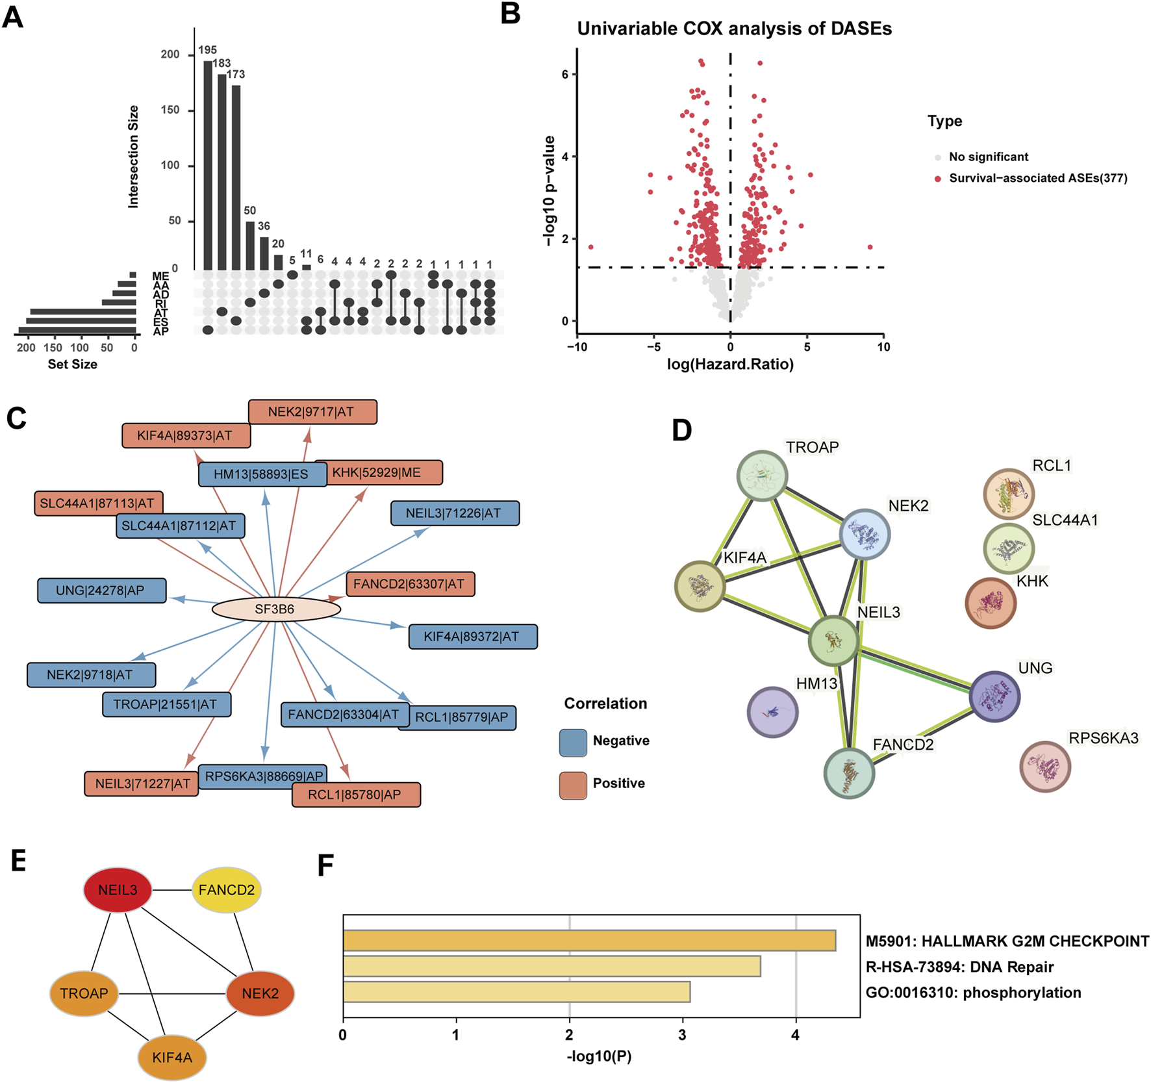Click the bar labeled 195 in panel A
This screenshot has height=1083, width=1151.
(x=208, y=165)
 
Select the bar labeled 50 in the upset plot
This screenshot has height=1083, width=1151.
(x=250, y=246)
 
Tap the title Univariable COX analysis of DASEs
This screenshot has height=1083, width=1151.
(x=734, y=29)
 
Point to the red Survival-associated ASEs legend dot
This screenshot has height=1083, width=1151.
(x=938, y=179)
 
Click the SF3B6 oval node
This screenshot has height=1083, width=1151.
(x=276, y=609)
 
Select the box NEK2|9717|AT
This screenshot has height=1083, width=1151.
(x=312, y=412)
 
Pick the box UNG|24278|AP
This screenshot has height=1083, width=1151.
(x=102, y=591)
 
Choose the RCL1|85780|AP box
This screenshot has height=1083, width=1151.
(x=356, y=795)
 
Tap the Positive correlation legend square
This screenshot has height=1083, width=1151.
(x=573, y=785)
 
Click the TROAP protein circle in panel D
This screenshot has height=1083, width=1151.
(x=762, y=476)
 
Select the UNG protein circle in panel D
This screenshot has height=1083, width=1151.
(x=994, y=696)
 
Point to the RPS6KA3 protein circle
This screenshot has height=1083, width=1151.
(x=1044, y=767)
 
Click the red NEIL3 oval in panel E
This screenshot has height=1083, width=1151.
(x=118, y=890)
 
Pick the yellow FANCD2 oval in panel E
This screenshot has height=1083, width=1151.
(x=227, y=890)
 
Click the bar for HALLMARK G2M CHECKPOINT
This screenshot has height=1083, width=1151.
(x=589, y=941)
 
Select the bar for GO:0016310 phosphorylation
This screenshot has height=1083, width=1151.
(x=516, y=992)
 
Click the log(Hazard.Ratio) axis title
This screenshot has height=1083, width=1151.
(x=730, y=364)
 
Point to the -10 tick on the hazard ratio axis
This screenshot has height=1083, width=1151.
(x=577, y=347)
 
